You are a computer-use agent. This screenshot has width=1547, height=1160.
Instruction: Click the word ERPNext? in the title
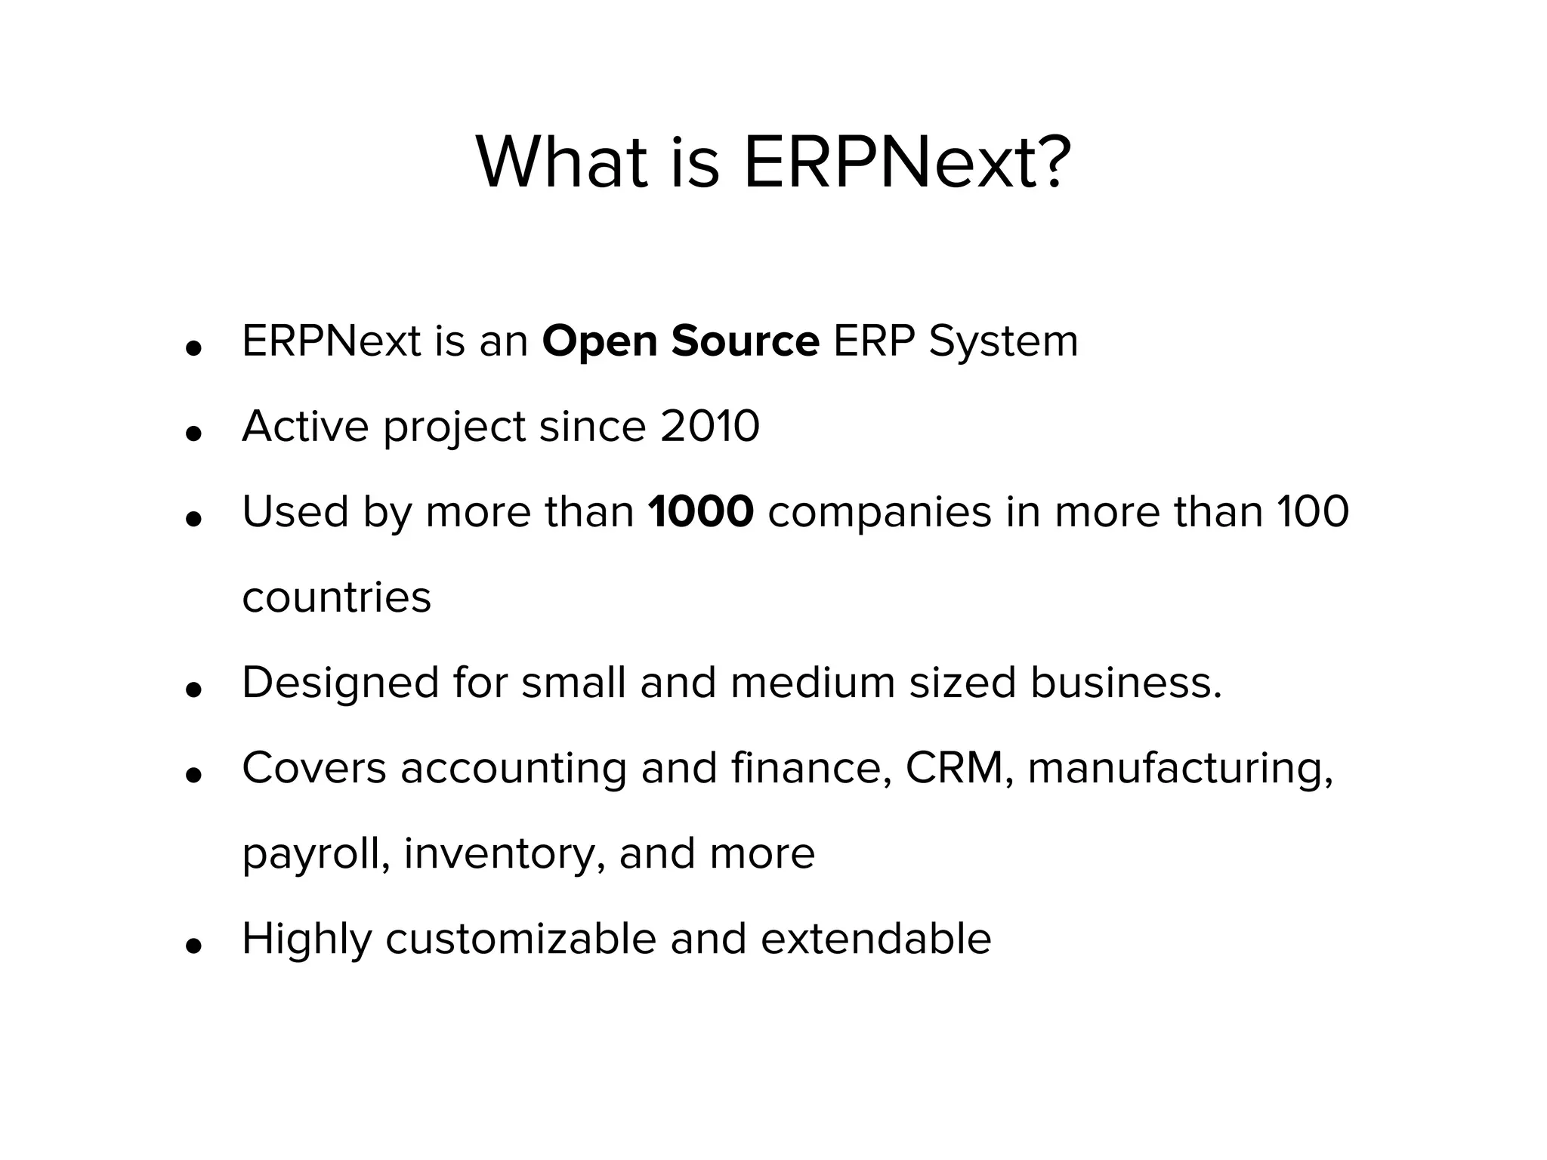906,162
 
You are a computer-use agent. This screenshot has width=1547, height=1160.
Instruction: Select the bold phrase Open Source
681,341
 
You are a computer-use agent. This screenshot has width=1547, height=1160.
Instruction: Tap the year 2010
710,427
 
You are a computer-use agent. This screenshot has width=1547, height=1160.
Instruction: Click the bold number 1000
701,512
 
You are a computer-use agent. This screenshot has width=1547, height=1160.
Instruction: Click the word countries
337,597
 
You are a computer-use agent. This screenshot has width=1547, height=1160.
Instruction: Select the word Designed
340,683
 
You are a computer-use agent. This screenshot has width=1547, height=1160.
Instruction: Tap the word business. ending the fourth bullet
1126,683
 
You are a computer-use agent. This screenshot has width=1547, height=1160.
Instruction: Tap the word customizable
520,939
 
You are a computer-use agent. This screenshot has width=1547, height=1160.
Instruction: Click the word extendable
875,939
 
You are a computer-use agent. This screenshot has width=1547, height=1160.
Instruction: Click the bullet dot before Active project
194,433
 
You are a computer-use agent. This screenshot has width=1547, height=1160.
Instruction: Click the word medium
812,683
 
